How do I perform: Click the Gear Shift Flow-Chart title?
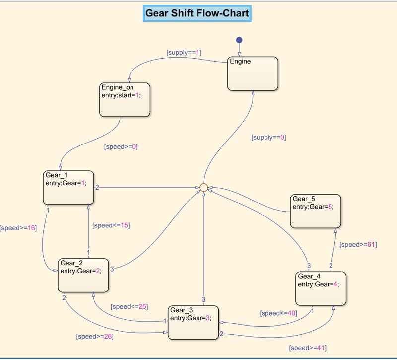(x=197, y=13)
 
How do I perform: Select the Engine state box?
(x=253, y=73)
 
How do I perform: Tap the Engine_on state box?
(x=125, y=100)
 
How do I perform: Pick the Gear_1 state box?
(x=68, y=188)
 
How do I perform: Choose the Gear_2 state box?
(x=83, y=275)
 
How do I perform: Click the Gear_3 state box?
(x=194, y=323)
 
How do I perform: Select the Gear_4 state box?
(x=321, y=288)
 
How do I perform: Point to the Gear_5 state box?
(x=316, y=211)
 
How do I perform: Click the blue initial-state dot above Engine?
(x=239, y=40)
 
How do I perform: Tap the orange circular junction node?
(x=203, y=187)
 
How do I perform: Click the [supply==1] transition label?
(x=184, y=52)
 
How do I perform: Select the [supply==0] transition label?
(x=268, y=137)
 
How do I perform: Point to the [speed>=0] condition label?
(x=121, y=147)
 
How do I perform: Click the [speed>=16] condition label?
(x=18, y=228)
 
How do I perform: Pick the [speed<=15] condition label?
(x=111, y=225)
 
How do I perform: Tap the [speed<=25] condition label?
(x=129, y=306)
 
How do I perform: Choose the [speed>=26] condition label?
(x=94, y=336)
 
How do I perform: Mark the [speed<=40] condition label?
(x=278, y=313)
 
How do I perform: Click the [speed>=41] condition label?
(x=308, y=348)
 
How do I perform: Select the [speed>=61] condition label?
(x=358, y=245)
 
